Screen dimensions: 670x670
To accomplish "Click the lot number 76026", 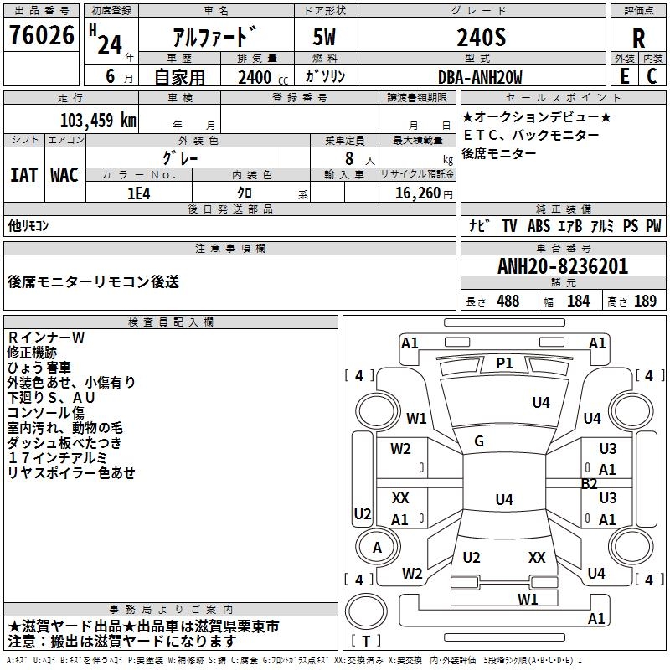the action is click(41, 35).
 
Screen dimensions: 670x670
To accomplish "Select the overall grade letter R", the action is click(638, 39).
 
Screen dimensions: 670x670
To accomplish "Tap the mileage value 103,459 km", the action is click(98, 121).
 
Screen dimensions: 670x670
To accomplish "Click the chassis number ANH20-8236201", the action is click(563, 266).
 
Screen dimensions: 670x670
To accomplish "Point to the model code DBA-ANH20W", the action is click(480, 77).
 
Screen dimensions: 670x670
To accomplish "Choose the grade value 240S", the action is click(481, 37).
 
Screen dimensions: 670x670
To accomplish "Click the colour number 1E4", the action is click(139, 193).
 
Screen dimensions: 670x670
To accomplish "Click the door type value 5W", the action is click(324, 37).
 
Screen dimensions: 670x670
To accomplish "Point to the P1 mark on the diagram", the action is click(504, 363).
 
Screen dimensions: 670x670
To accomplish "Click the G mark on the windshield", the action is click(479, 441).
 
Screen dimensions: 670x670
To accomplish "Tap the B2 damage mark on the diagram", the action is click(589, 484).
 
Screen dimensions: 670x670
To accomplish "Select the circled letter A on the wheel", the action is click(377, 548).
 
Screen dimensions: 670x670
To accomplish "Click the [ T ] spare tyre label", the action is click(366, 641).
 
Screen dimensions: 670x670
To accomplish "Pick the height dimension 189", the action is click(645, 301).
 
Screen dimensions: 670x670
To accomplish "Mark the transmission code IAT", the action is click(23, 175).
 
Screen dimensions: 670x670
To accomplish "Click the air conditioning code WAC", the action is click(64, 175).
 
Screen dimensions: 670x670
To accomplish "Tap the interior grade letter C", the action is click(652, 76).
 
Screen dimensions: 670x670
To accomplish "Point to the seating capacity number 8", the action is click(349, 158).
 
